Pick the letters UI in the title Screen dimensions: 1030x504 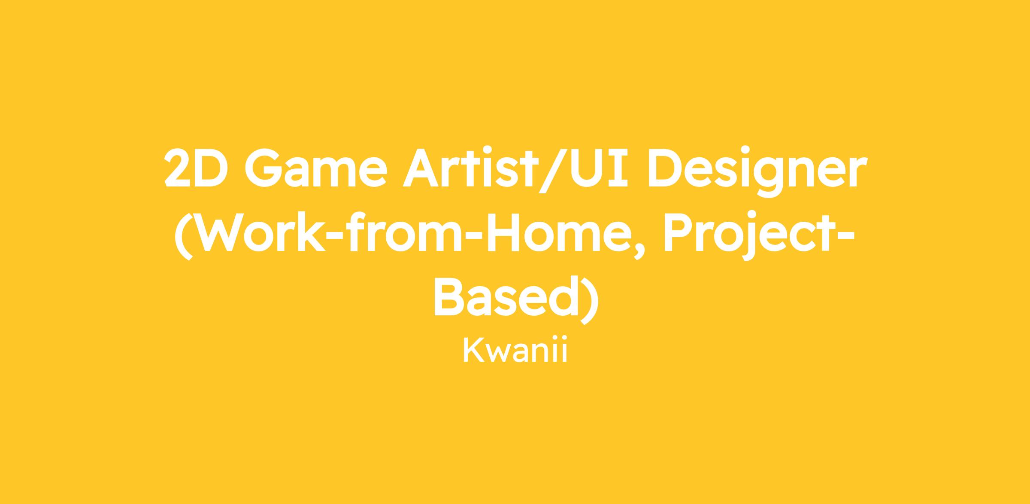pyautogui.click(x=599, y=168)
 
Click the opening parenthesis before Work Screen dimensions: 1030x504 pyautogui.click(x=183, y=236)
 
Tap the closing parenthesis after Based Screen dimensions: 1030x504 pyautogui.click(x=586, y=300)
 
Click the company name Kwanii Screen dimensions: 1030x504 pyautogui.click(x=515, y=350)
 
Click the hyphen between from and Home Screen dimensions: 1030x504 pyautogui.click(x=472, y=235)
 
